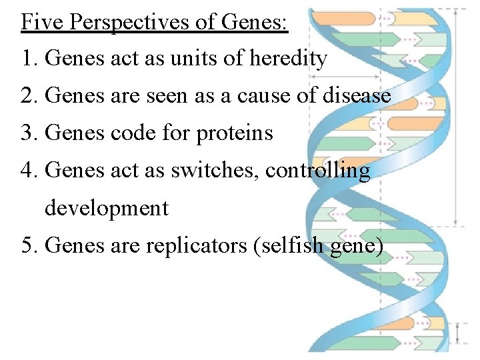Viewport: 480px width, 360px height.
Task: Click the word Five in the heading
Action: pos(43,22)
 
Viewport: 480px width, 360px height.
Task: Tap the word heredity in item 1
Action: pos(288,59)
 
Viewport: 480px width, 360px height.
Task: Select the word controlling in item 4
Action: pos(317,171)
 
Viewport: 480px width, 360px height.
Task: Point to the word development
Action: pos(107,208)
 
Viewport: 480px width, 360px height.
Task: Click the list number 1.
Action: pos(27,59)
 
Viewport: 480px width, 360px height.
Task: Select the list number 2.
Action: pos(27,97)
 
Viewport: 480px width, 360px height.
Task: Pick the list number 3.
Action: pos(27,133)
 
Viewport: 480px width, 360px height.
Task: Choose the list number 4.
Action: pos(27,171)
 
